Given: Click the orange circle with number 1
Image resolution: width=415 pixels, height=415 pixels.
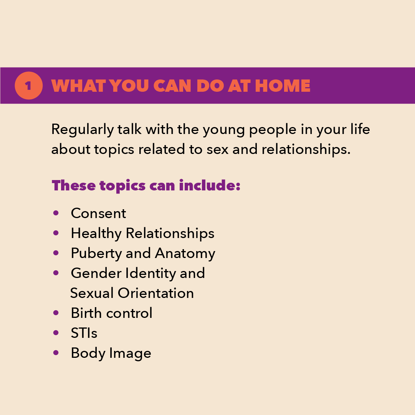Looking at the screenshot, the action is (x=28, y=86).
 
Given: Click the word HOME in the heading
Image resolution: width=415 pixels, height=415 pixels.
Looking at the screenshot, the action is (x=283, y=86).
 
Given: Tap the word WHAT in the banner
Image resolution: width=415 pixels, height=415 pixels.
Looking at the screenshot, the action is (x=79, y=86).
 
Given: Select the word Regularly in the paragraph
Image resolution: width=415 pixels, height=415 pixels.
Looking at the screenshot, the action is (x=83, y=130).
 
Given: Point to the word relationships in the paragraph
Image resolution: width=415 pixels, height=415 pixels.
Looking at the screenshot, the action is (x=306, y=150).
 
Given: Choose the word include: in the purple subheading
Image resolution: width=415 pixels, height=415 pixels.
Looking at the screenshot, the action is (x=210, y=185).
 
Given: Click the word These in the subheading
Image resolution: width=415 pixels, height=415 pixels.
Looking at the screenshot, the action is (x=74, y=185).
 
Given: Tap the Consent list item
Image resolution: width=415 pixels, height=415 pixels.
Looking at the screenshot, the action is (x=98, y=213).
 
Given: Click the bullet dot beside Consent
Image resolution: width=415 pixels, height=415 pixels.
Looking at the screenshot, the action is (x=56, y=213).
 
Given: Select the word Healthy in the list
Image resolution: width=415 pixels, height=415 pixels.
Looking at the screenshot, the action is (x=96, y=234).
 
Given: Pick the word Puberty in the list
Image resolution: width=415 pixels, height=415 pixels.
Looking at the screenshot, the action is (x=96, y=254).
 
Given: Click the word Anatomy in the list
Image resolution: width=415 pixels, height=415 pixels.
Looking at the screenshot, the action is (x=185, y=254).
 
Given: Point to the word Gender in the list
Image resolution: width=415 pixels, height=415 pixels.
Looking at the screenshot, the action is (x=96, y=273).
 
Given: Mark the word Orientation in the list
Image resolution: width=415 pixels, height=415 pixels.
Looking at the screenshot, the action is (x=156, y=293).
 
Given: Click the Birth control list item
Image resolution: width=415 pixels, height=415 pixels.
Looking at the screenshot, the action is (x=111, y=313).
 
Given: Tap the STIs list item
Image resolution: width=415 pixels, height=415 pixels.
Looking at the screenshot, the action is (x=84, y=333).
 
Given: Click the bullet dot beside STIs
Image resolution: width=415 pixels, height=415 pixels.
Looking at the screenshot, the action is (x=56, y=333).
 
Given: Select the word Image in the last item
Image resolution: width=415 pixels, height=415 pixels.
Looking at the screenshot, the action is (x=130, y=354).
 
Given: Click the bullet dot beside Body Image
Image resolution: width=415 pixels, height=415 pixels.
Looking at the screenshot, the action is (x=56, y=352).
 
